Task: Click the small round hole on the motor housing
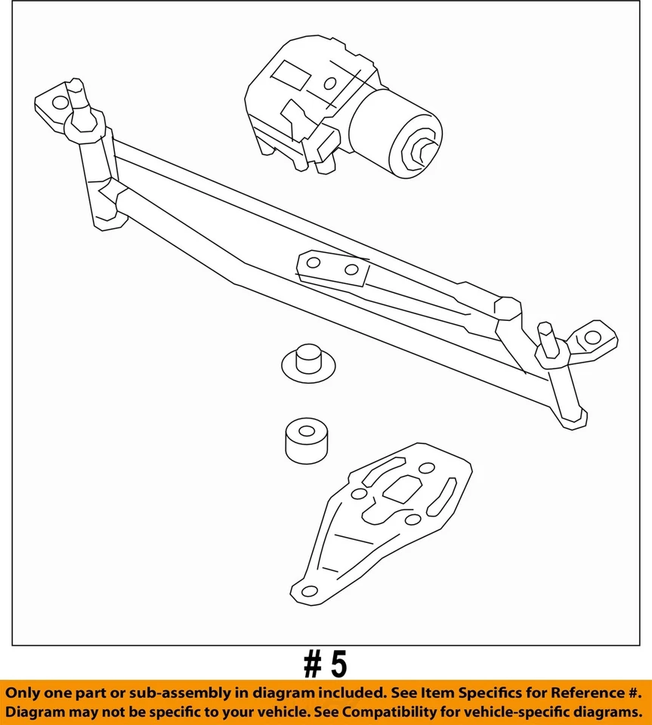(x=330, y=84)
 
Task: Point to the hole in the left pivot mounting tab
(x=54, y=101)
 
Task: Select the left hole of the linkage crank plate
(x=314, y=263)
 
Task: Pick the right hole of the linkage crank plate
(x=351, y=270)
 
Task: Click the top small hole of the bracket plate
(x=426, y=468)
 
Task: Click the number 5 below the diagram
(x=338, y=665)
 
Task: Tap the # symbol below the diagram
(x=312, y=665)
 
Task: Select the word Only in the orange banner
(x=25, y=693)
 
